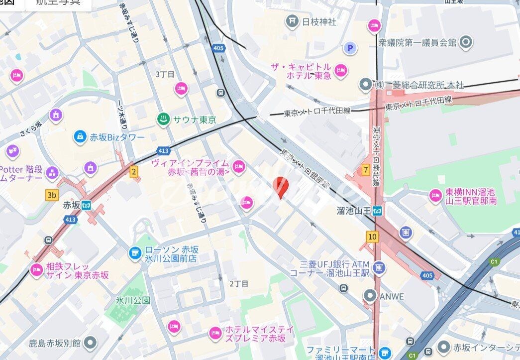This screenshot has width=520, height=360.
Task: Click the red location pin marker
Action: point(281,187)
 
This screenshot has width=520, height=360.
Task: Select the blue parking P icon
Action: point(351,48)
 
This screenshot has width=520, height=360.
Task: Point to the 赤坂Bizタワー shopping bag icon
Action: point(79,136)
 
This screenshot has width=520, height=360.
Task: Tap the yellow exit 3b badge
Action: point(52,195)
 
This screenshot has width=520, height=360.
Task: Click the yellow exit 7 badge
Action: point(366,170)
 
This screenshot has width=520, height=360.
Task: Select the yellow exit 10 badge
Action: point(372,237)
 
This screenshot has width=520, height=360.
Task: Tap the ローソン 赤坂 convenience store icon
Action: point(134,253)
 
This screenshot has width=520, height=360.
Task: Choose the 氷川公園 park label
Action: point(133,300)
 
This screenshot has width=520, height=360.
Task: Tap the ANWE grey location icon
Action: point(370,296)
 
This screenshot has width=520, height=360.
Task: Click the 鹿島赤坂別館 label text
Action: point(55,343)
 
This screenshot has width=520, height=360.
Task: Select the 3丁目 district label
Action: point(165,74)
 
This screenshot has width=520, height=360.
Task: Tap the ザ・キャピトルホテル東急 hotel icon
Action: point(341,71)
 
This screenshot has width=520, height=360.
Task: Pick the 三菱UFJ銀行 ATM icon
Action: point(379,268)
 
